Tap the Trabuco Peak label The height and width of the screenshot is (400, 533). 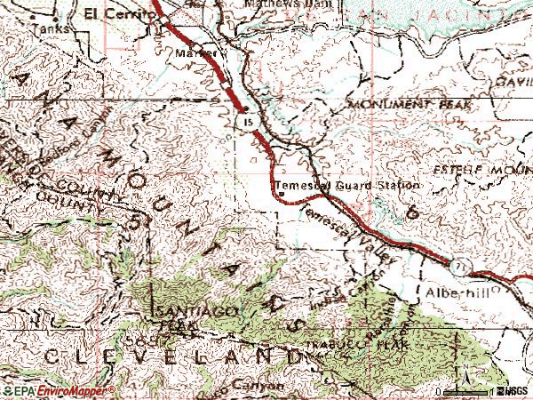[355, 343]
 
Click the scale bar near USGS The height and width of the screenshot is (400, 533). [467, 391]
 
